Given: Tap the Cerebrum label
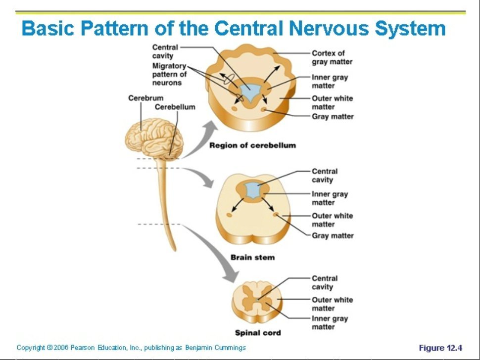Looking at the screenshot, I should (x=145, y=98).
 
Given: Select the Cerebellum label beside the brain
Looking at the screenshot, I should (x=175, y=107).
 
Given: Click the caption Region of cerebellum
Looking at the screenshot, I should (x=252, y=145).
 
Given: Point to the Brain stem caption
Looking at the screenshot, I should (x=252, y=258).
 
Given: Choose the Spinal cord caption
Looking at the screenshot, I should (x=257, y=333).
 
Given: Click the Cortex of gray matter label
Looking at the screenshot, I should (x=332, y=57).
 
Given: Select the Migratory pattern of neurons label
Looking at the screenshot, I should (x=169, y=74).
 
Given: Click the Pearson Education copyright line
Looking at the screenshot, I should (x=131, y=348).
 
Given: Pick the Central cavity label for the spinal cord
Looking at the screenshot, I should (x=325, y=283).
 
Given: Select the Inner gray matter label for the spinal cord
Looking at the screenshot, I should (x=330, y=323).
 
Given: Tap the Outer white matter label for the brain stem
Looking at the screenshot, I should (x=332, y=220).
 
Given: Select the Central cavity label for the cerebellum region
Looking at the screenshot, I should (x=165, y=51).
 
